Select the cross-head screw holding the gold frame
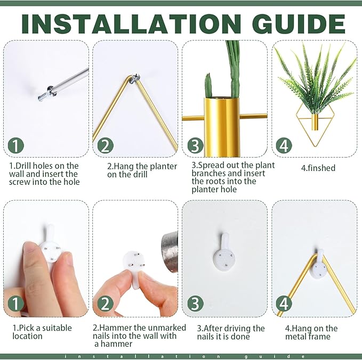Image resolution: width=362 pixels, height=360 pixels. pyautogui.click(x=135, y=78)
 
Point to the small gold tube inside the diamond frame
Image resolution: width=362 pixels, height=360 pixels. pyautogui.click(x=314, y=122)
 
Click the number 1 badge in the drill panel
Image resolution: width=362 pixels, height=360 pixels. pyautogui.click(x=15, y=145)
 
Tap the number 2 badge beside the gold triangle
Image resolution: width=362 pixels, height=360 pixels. pyautogui.click(x=105, y=145)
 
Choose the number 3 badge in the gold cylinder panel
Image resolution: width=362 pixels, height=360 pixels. pyautogui.click(x=195, y=145)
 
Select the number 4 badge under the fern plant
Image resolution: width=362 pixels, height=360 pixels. pyautogui.click(x=284, y=145)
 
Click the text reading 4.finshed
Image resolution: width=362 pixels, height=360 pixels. pyautogui.click(x=318, y=168)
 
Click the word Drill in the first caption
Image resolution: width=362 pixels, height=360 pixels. pyautogui.click(x=24, y=166)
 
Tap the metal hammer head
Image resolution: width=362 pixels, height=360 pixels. pyautogui.click(x=170, y=252)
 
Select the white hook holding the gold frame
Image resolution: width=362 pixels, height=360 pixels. pyautogui.click(x=319, y=265)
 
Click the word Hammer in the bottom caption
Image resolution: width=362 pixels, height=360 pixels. pyautogui.click(x=114, y=328)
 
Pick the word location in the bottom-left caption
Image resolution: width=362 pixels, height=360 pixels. pyautogui.click(x=28, y=336)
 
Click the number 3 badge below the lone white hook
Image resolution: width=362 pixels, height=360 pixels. pyautogui.click(x=195, y=303)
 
